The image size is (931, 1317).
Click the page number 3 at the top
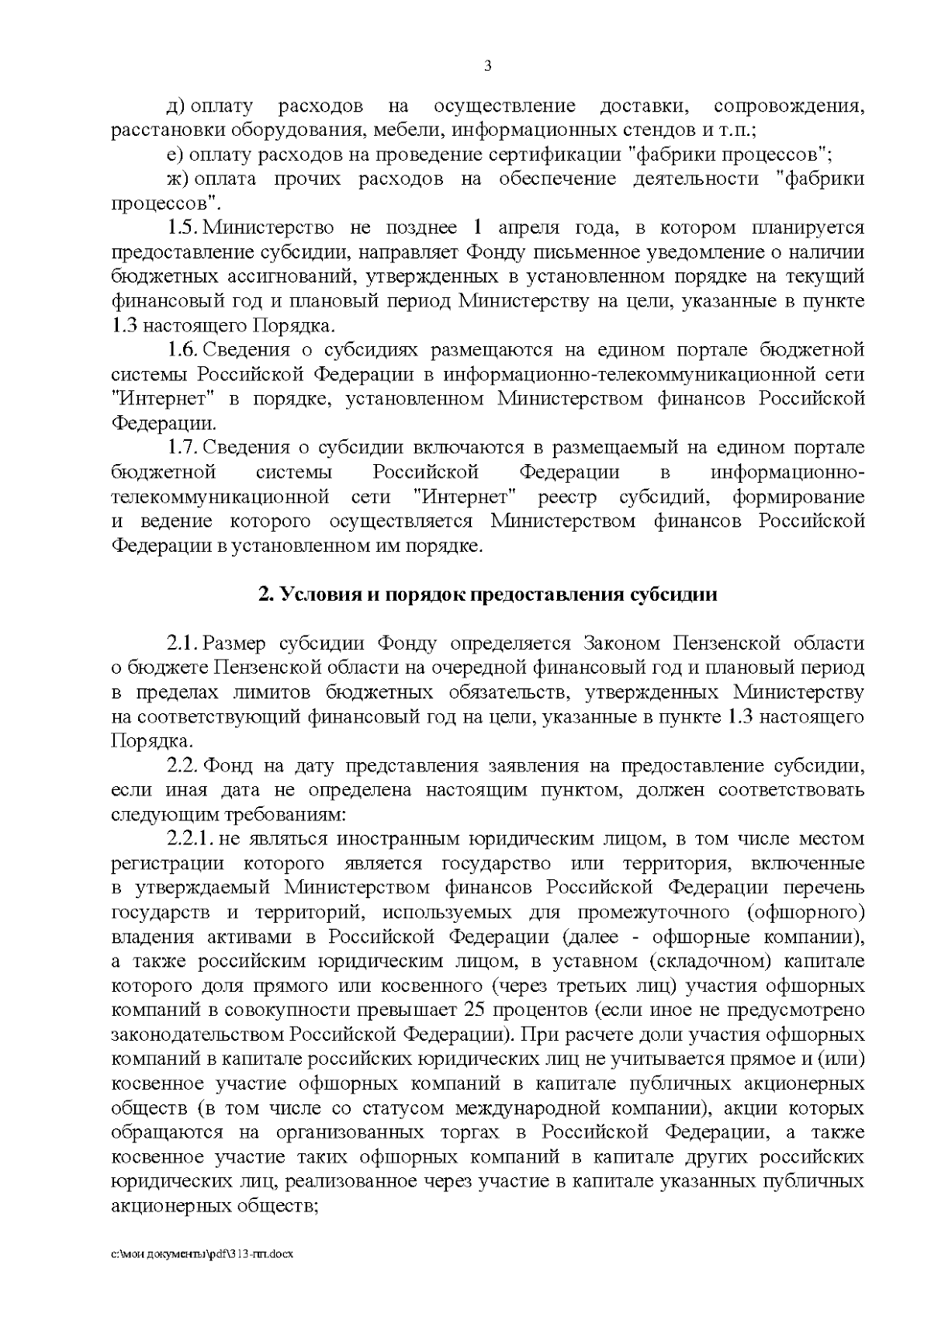(487, 66)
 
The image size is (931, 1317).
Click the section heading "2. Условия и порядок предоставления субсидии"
(487, 595)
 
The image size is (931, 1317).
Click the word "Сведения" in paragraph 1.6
(247, 350)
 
